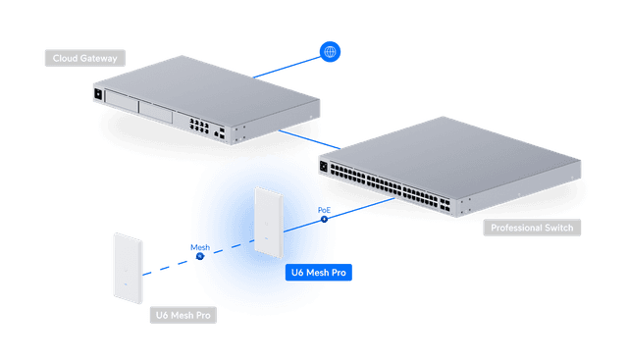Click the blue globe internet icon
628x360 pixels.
(330, 52)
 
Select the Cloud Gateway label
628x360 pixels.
(84, 58)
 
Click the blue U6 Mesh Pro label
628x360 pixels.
(317, 272)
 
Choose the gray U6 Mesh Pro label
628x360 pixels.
(183, 315)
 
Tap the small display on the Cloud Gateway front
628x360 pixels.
(98, 95)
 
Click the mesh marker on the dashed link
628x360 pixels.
(199, 255)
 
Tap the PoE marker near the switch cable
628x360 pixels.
(323, 218)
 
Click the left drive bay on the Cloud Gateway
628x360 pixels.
(124, 103)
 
